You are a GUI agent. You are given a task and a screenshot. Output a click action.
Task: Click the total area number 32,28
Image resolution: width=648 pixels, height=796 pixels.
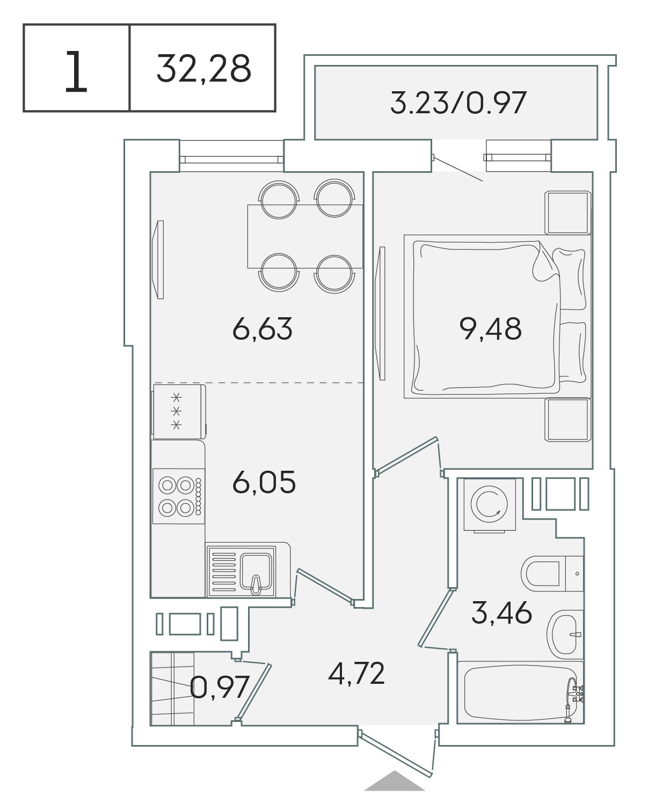point(203,69)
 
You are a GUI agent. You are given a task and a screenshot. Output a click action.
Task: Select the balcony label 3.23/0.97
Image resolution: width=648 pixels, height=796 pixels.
point(458,103)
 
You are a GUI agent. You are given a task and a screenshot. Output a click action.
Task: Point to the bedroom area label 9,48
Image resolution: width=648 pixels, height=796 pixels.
point(490,329)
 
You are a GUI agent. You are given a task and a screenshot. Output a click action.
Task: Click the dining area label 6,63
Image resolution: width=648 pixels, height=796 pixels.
point(263,329)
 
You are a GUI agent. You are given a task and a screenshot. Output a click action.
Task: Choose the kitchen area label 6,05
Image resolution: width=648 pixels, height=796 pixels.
point(264,482)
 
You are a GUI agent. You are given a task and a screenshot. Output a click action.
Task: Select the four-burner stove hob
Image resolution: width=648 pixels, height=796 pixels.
point(179,496)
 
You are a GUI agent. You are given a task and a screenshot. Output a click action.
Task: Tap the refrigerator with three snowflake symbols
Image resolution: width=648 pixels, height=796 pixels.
point(179,412)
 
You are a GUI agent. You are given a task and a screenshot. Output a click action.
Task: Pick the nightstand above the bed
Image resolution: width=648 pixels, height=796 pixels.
point(567,212)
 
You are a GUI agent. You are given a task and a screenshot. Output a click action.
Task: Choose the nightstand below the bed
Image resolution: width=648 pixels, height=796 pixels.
point(567,420)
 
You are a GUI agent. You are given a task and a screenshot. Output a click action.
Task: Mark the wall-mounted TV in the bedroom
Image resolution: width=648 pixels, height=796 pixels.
point(382,313)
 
